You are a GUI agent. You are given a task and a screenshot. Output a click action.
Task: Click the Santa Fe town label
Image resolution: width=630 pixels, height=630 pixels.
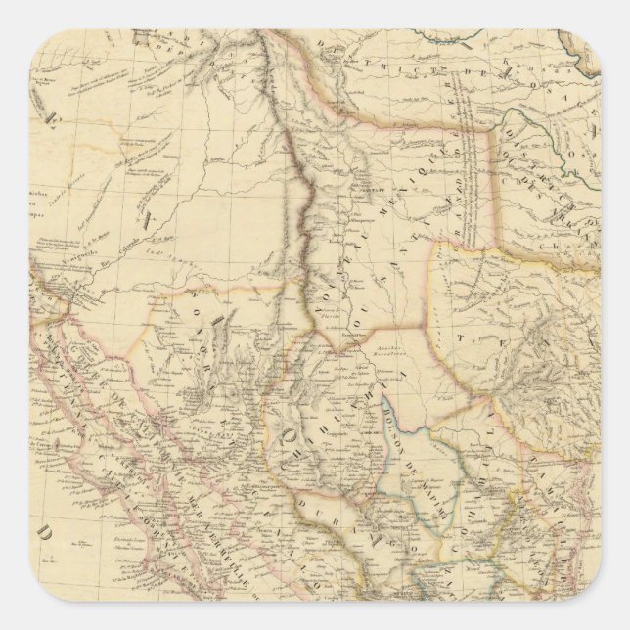pos(356,196)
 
